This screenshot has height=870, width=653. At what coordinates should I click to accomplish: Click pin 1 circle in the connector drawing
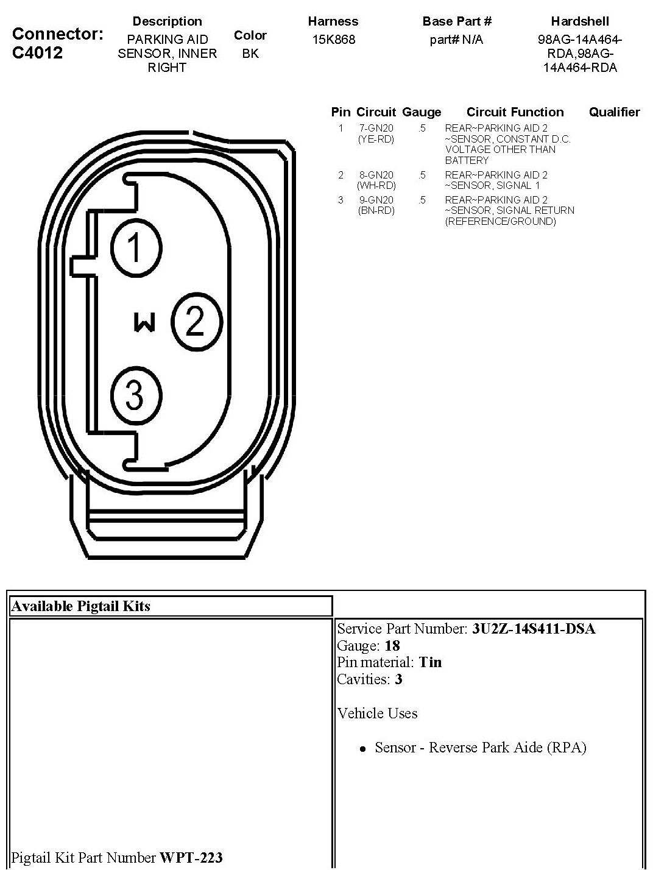point(135,247)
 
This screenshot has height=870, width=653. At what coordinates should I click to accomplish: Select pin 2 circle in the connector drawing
point(196,322)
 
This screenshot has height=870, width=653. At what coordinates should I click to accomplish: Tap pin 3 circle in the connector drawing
point(135,395)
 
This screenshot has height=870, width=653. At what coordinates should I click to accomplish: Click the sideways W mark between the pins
point(144,322)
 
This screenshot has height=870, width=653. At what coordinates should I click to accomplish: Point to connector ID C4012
point(37,52)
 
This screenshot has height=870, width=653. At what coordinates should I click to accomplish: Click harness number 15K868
point(333,40)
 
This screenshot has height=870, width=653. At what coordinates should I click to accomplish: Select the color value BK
point(250,54)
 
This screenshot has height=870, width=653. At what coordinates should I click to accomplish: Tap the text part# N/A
point(456,40)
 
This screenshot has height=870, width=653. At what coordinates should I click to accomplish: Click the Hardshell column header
point(579,21)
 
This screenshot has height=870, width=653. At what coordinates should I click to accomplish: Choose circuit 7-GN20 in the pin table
point(376,128)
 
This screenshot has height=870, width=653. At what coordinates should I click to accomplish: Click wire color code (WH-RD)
point(376,185)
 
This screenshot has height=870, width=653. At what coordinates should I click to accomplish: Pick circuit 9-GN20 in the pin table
point(376,200)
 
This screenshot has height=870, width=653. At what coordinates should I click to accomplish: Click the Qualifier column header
point(614,112)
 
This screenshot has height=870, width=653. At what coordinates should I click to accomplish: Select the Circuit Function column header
point(515,112)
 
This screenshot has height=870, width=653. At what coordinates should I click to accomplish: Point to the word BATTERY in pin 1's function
point(467,160)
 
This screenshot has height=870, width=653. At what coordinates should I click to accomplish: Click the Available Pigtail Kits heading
point(80,606)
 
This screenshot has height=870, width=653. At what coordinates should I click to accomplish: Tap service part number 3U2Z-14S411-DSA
point(534,629)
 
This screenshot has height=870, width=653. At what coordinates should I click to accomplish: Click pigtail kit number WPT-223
point(191,858)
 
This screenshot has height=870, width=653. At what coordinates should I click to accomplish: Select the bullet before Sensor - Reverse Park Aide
point(363,749)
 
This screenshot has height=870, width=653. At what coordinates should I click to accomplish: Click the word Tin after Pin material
point(430,662)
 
